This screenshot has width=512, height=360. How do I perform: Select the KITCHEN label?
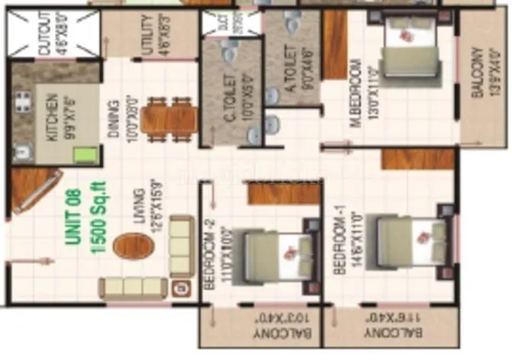[x=53, y=116]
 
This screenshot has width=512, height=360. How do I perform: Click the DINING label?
[x=112, y=119]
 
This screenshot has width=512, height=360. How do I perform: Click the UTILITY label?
[x=147, y=36]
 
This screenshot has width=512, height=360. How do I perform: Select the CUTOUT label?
[x=43, y=35]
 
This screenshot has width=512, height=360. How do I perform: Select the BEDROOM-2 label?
[x=209, y=256]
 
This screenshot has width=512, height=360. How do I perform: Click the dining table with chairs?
[x=169, y=118]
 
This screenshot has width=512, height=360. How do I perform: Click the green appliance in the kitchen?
[x=84, y=155]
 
